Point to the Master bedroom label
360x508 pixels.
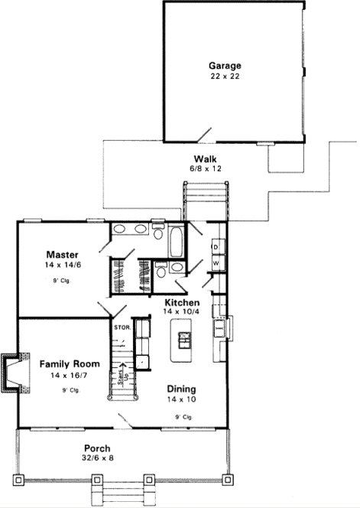click(x=59, y=254)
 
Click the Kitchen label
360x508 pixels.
click(x=182, y=302)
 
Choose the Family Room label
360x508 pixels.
click(x=67, y=363)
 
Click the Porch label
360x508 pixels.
click(x=98, y=448)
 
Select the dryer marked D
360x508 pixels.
click(x=216, y=248)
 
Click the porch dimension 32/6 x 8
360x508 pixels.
click(x=98, y=459)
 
